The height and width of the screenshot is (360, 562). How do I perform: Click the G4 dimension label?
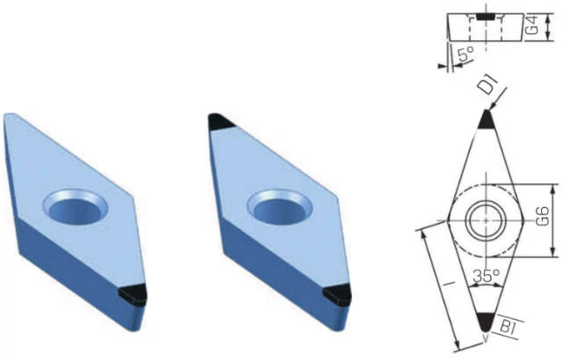point(533,25)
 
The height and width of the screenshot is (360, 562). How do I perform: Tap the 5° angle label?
point(465,54)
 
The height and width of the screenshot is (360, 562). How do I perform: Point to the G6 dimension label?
point(543,216)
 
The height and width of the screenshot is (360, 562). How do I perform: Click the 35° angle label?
point(486,276)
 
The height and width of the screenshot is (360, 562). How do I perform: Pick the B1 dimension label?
point(509,327)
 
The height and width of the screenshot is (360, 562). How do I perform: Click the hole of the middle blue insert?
point(279,209)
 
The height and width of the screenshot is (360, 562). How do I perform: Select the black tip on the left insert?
point(133,295)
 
